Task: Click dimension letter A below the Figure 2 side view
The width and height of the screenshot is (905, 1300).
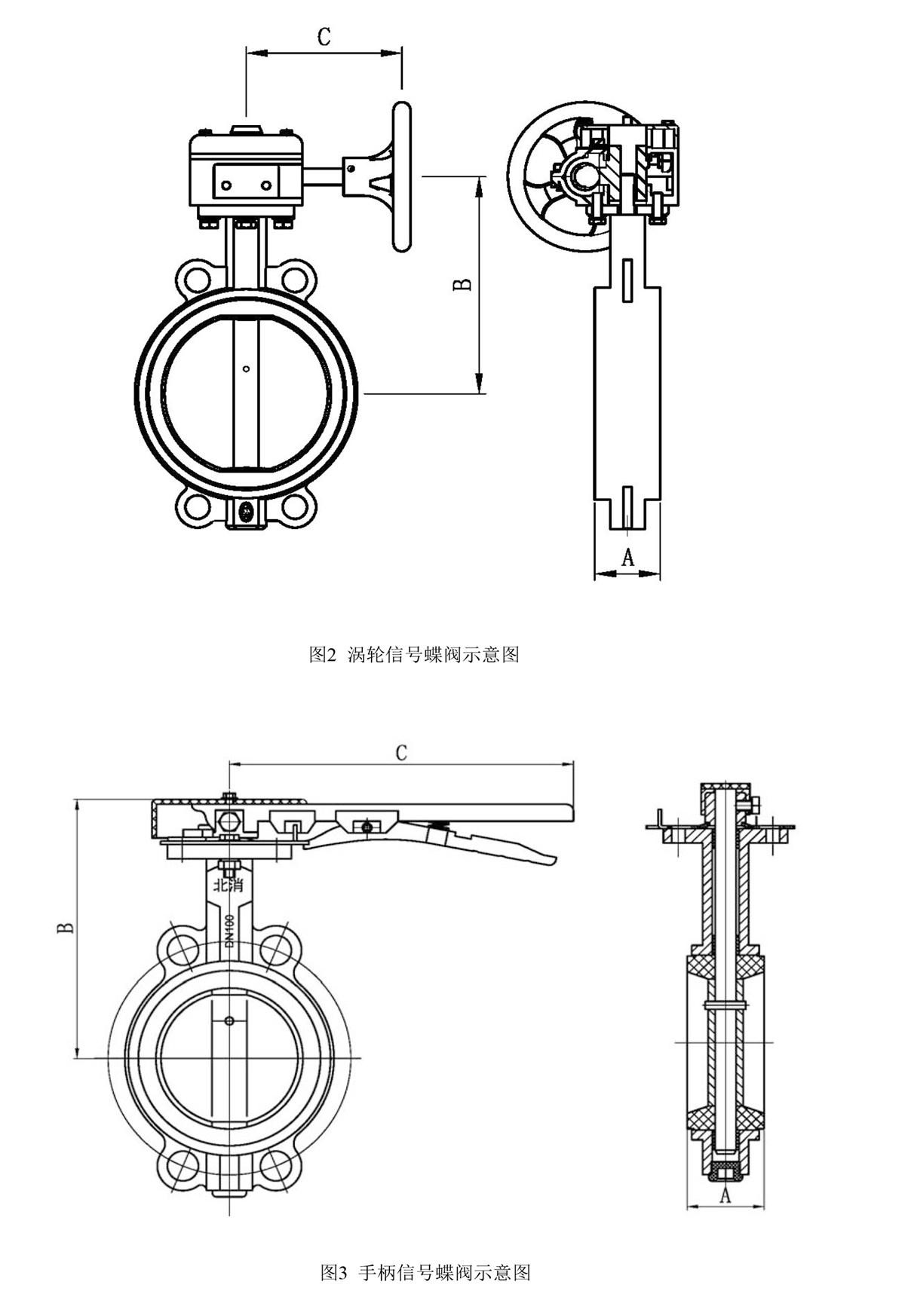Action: point(627,557)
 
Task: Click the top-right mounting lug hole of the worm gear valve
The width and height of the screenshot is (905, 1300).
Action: point(295,279)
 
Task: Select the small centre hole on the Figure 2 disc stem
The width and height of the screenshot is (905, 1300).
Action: point(246,369)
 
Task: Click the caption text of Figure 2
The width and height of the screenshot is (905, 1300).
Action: point(414,654)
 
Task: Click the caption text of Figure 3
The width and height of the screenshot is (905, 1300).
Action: point(425,1273)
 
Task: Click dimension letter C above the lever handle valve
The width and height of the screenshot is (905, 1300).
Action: point(401,751)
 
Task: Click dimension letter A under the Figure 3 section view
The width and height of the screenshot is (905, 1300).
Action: point(726,1194)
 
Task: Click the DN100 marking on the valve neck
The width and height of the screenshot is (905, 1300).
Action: point(229,931)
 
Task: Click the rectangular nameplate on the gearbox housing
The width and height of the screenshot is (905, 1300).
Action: point(246,184)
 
